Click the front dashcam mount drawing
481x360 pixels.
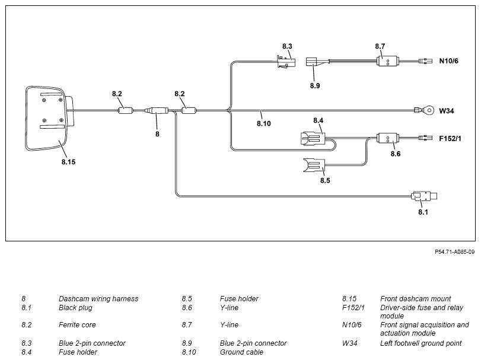pyautogui.click(x=49, y=119)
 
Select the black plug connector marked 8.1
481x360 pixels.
pyautogui.click(x=424, y=196)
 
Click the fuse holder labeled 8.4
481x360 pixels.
pyautogui.click(x=313, y=139)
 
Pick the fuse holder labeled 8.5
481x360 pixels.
pyautogui.click(x=314, y=166)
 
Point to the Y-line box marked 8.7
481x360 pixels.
pyautogui.click(x=387, y=61)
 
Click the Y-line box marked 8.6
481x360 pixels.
pyautogui.click(x=387, y=138)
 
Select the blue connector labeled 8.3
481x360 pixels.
pyautogui.click(x=286, y=62)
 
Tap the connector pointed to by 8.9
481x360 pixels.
pyautogui.click(x=311, y=62)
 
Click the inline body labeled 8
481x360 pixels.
pyautogui.click(x=157, y=110)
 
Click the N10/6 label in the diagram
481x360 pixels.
pyautogui.click(x=448, y=61)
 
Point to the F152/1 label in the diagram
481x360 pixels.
pyautogui.click(x=450, y=139)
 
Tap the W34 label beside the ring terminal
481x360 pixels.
pyautogui.click(x=447, y=111)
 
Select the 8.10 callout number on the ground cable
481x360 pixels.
pyautogui.click(x=264, y=123)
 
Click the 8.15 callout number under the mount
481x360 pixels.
pyautogui.click(x=68, y=162)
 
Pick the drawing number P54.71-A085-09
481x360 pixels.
pyautogui.click(x=455, y=251)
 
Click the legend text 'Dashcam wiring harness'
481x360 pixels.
pyautogui.click(x=98, y=299)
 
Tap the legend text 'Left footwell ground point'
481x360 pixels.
pyautogui.click(x=421, y=343)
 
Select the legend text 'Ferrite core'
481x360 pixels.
pyautogui.click(x=77, y=325)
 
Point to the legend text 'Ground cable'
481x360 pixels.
pyautogui.click(x=241, y=352)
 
